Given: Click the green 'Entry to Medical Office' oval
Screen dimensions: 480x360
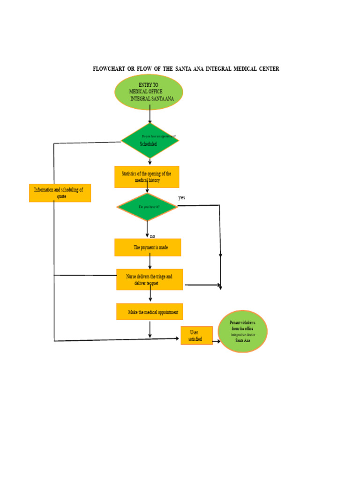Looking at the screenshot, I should pos(149,92).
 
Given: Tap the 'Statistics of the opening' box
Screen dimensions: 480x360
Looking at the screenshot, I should pos(147,177).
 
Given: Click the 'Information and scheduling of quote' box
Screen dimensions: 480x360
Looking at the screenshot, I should pos(60,193).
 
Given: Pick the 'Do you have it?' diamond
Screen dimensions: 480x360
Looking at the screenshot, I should pos(148,206).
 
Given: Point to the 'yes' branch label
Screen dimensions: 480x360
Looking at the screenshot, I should pos(181,197).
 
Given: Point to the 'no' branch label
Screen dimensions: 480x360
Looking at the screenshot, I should pos(152,236).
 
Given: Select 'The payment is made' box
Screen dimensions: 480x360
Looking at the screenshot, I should pos(148,247).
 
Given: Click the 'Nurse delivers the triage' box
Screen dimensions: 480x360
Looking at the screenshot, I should pos(150,279).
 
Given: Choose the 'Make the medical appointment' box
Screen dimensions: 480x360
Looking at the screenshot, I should pos(150,312).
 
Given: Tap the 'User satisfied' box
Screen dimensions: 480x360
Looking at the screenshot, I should pos(196,336).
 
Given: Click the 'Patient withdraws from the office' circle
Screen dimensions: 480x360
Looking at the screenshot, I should pos(243,331).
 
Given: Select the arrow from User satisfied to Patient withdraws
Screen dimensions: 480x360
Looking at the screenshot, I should pos(216,342).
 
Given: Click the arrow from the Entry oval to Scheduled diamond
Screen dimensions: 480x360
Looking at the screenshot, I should pos(150,114).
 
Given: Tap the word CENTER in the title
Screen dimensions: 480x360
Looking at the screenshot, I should pos(268,69).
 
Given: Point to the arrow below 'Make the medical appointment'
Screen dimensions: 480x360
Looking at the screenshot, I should pos(150,329).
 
